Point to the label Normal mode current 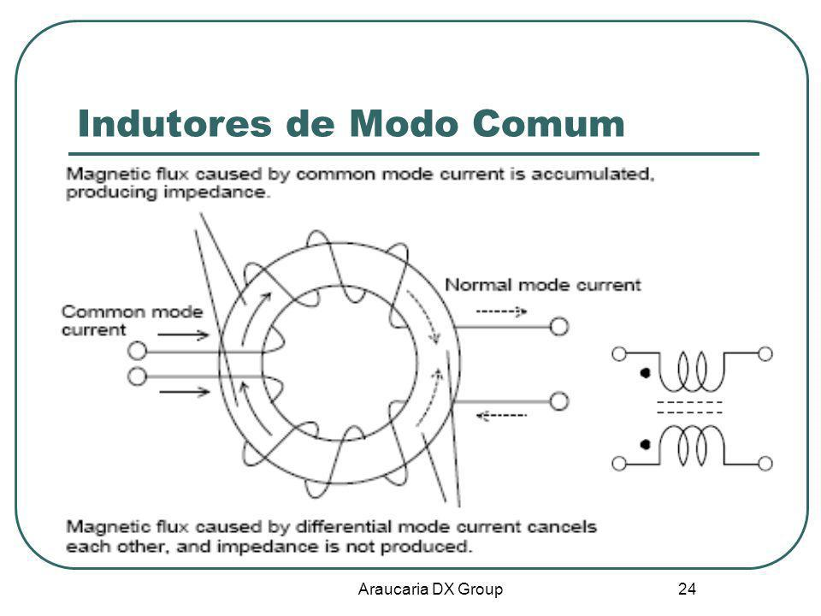pos(543,286)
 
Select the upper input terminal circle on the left pos(135,350)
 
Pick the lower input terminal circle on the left pos(135,376)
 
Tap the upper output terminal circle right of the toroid pos(558,326)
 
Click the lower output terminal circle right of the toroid pos(558,400)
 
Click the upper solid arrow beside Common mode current pos(183,336)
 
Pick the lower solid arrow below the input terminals pos(183,393)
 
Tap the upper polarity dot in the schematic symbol pos(645,374)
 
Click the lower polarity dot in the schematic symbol pos(645,444)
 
